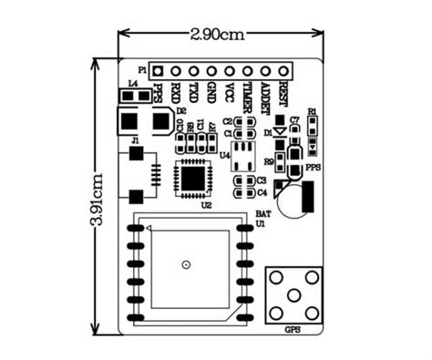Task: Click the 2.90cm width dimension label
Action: tap(218, 35)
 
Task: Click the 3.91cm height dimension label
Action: tap(99, 196)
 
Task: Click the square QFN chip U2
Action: tap(193, 175)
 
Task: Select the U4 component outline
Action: tap(242, 156)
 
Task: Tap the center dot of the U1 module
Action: tap(186, 264)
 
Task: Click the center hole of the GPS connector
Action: tap(294, 294)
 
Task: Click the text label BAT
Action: tap(262, 212)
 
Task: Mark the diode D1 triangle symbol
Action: tap(280, 133)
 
